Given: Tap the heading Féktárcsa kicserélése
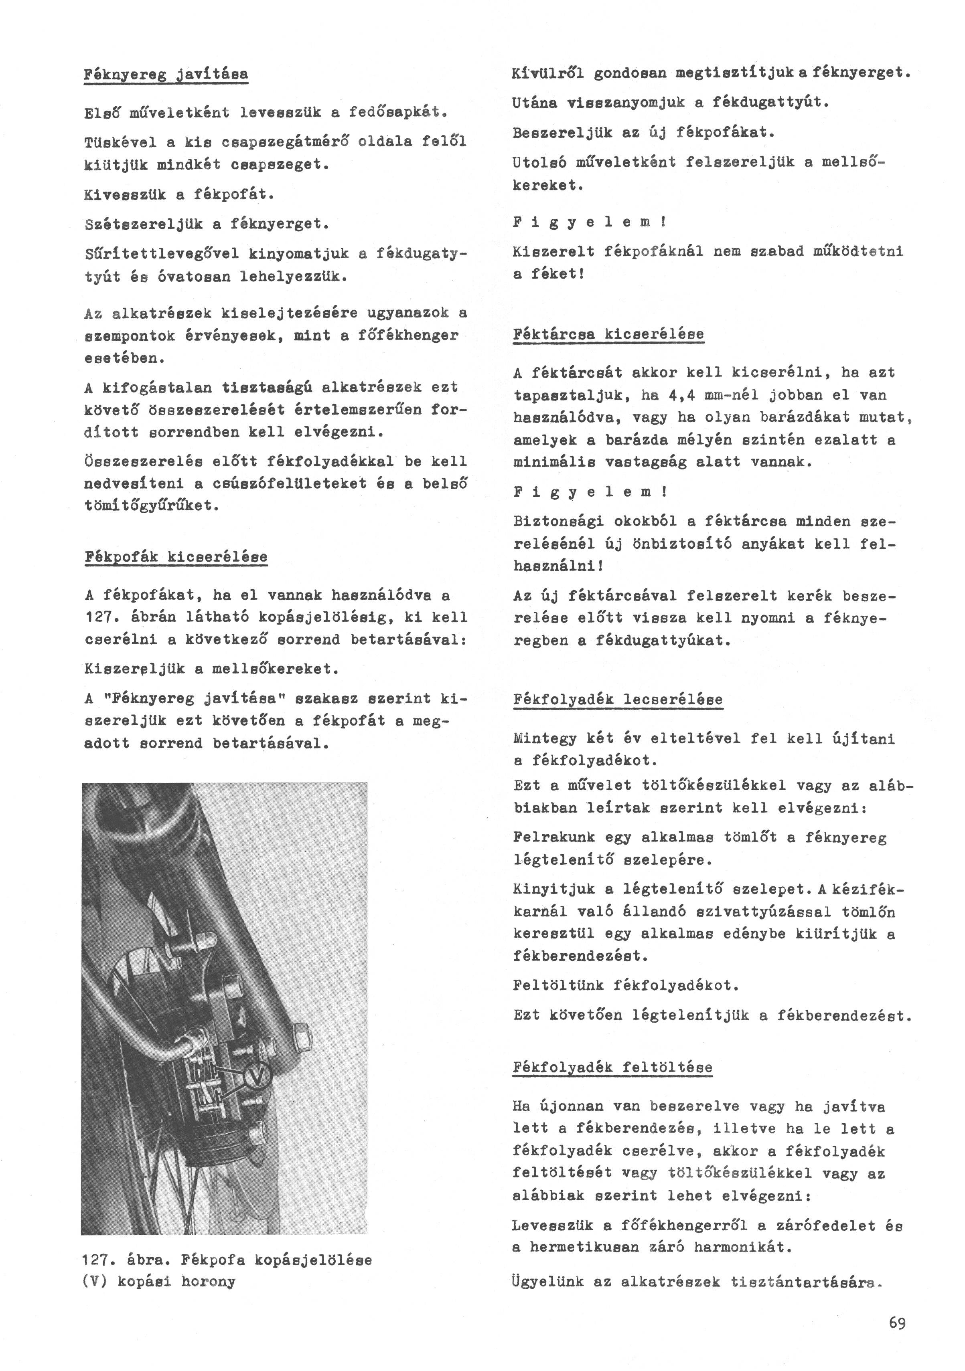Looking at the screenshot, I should pyautogui.click(x=608, y=334).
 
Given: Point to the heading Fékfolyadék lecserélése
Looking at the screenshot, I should pyautogui.click(x=617, y=699).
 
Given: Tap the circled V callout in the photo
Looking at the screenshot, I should pyautogui.click(x=256, y=1077).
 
